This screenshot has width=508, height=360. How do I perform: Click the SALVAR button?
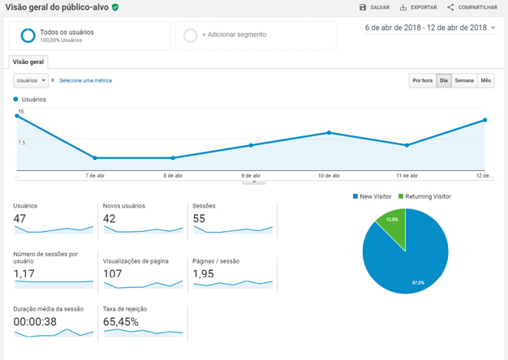pyautogui.click(x=374, y=7)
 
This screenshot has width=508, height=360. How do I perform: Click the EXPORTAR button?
pyautogui.click(x=418, y=7)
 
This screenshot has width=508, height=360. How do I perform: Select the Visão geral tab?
pyautogui.click(x=29, y=62)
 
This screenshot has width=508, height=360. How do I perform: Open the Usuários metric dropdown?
pyautogui.click(x=32, y=80)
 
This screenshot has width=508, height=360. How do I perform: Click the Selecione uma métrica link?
pyautogui.click(x=85, y=80)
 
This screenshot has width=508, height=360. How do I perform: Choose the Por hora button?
pyautogui.click(x=422, y=80)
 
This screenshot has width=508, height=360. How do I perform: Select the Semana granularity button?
pyautogui.click(x=464, y=80)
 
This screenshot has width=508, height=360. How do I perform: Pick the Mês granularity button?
pyautogui.click(x=485, y=80)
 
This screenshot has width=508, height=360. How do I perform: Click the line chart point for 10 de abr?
pyautogui.click(x=329, y=132)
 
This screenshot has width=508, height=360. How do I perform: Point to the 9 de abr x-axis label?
pyautogui.click(x=251, y=175)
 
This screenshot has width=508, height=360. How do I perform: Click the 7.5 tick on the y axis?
pyautogui.click(x=21, y=142)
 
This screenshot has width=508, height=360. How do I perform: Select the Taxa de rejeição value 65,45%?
pyautogui.click(x=122, y=322)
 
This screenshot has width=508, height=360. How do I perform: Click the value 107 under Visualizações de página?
pyautogui.click(x=113, y=273)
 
